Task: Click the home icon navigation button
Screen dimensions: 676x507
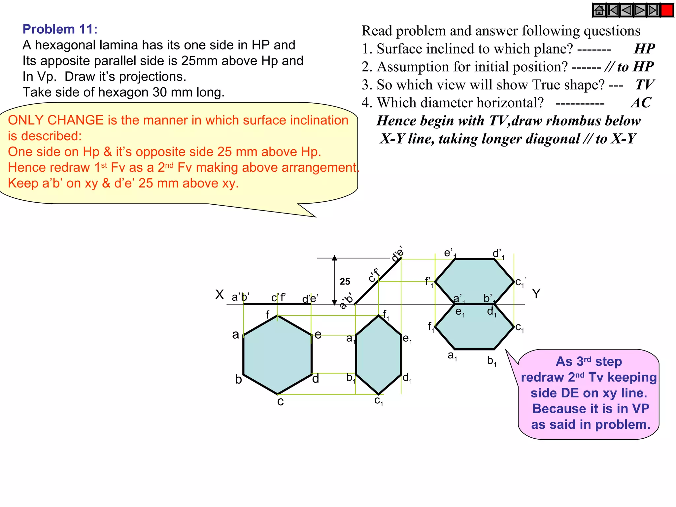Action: pyautogui.click(x=599, y=10)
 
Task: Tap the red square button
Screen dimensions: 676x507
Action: pyautogui.click(x=667, y=10)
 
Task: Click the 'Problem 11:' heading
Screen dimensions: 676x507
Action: pyautogui.click(x=60, y=29)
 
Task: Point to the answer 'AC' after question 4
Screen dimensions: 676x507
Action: pyautogui.click(x=641, y=103)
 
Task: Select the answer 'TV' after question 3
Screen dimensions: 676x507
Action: pyautogui.click(x=644, y=85)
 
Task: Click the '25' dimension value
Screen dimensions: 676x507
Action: pyautogui.click(x=345, y=282)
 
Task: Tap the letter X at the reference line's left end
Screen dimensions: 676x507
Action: pyautogui.click(x=220, y=294)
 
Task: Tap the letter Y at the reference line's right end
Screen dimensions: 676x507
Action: pyautogui.click(x=536, y=293)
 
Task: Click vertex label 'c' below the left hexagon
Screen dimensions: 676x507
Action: pyautogui.click(x=280, y=402)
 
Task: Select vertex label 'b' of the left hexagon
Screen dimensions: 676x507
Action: pyautogui.click(x=238, y=380)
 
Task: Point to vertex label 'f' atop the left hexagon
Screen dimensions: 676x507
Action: pyautogui.click(x=268, y=315)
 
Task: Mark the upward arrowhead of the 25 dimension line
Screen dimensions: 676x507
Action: pyautogui.click(x=334, y=258)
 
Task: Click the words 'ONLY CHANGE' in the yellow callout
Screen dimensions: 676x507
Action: pyautogui.click(x=56, y=120)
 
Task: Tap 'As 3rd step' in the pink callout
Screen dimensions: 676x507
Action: pyautogui.click(x=589, y=361)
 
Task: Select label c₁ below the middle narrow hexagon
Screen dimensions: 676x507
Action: pyautogui.click(x=379, y=401)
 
